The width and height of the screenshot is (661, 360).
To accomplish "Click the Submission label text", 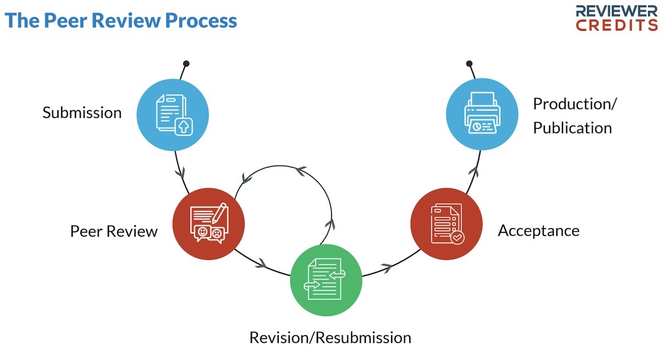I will pos(82,113).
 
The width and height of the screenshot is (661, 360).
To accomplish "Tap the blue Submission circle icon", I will pos(172,114).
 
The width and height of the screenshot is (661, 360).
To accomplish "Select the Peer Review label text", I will pos(113,231).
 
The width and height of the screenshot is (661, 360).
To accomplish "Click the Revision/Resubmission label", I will pos(330,337).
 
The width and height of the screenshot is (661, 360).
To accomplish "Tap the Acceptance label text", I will pos(538,231).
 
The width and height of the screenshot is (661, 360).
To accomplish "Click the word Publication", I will pos(572,128).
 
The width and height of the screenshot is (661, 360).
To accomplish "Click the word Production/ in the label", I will pos(575,103).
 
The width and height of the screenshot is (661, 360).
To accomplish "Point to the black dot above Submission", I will pos(186,63).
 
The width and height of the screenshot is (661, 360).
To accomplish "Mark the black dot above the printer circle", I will pos(469,63).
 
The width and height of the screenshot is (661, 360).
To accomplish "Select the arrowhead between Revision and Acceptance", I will pos(387,268).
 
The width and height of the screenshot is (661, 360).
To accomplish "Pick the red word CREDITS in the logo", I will pos(617,25).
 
